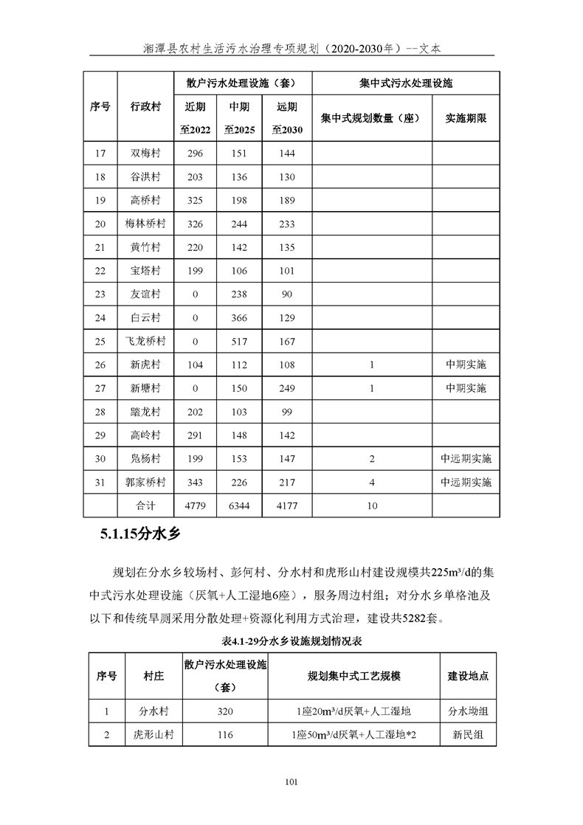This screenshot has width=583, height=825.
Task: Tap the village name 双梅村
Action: click(x=145, y=154)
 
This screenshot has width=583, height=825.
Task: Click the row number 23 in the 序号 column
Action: click(x=100, y=294)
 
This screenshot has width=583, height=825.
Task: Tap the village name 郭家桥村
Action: click(x=145, y=483)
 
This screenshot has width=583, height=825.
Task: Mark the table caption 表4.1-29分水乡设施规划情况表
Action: click(x=291, y=639)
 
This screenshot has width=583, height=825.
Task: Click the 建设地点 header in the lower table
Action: click(x=468, y=675)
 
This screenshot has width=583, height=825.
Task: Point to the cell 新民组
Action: click(x=468, y=735)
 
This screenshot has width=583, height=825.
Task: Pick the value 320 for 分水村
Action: click(x=225, y=711)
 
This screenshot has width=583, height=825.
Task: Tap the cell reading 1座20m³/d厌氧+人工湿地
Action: click(x=350, y=711)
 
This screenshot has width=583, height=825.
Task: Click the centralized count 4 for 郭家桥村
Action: click(x=372, y=483)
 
